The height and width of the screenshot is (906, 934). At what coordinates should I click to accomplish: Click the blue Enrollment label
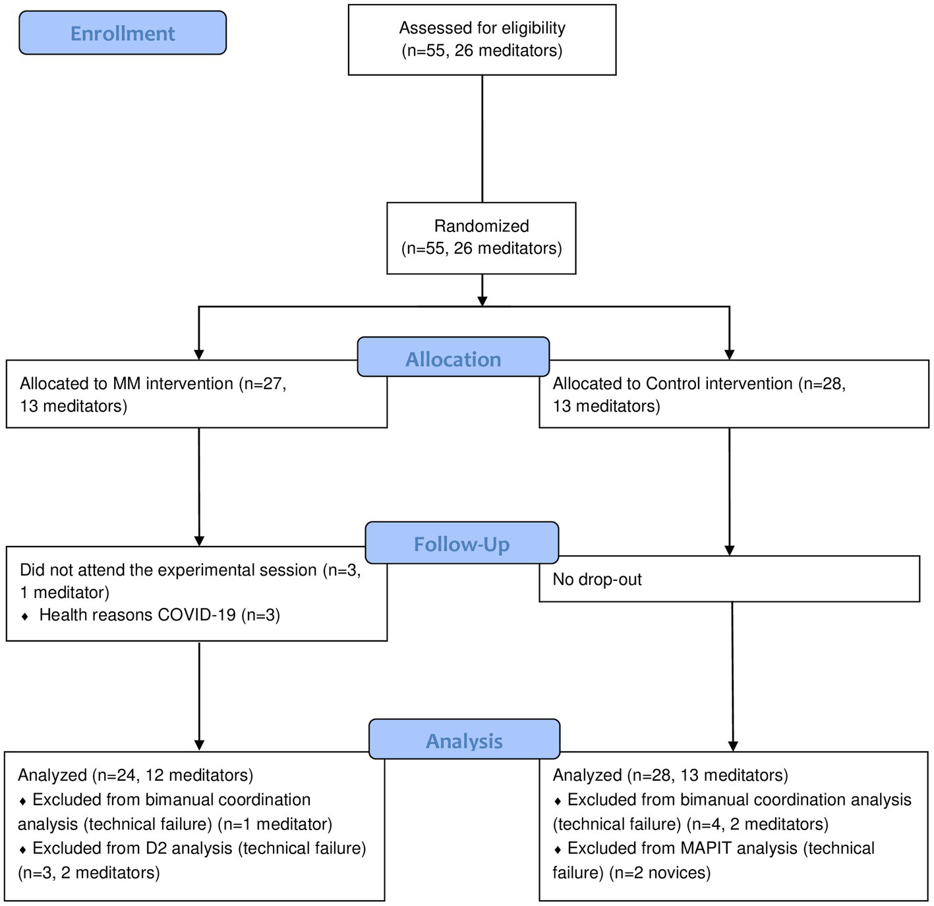pyautogui.click(x=123, y=33)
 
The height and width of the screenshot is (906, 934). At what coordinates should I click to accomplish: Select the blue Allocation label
pyautogui.click(x=453, y=359)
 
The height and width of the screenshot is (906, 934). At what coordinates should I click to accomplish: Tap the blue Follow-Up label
pyautogui.click(x=461, y=544)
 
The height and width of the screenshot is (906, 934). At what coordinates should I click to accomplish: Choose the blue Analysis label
pyautogui.click(x=464, y=740)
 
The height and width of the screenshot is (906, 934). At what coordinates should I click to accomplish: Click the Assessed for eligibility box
pyautogui.click(x=482, y=40)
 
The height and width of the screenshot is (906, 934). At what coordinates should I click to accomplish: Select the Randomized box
pyautogui.click(x=481, y=237)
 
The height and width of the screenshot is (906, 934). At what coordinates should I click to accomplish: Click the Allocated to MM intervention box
pyautogui.click(x=196, y=394)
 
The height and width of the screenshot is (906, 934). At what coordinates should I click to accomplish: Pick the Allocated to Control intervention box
pyautogui.click(x=733, y=394)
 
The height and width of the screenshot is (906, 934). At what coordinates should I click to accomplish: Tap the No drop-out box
pyautogui.click(x=728, y=580)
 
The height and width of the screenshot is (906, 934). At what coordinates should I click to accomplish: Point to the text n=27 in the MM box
pyautogui.click(x=264, y=384)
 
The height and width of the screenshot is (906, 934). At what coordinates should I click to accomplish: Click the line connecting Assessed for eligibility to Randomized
pyautogui.click(x=482, y=138)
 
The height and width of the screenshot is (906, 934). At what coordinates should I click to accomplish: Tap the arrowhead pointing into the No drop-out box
pyautogui.click(x=729, y=550)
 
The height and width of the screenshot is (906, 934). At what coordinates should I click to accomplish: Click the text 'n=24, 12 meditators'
pyautogui.click(x=172, y=775)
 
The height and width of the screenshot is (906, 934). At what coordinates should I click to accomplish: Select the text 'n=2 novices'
pyautogui.click(x=660, y=873)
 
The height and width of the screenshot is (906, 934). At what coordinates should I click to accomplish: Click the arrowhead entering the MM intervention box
pyautogui.click(x=199, y=354)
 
